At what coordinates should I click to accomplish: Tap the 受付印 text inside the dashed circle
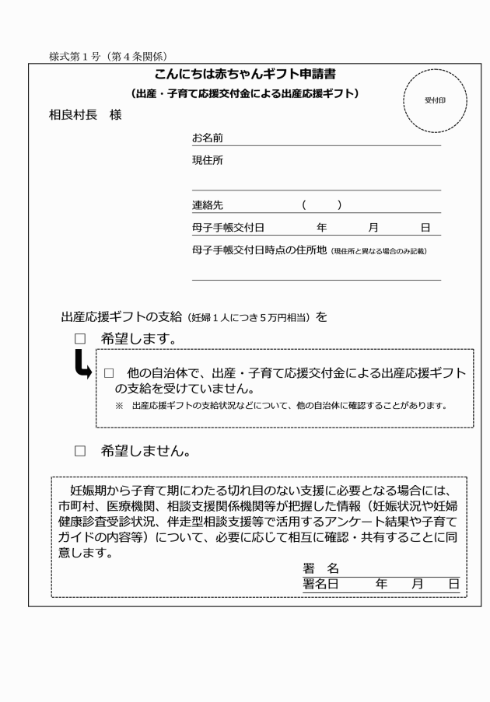(x=435, y=101)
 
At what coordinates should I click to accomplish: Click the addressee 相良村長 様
(x=85, y=117)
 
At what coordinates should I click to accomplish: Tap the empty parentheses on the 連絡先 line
(x=322, y=206)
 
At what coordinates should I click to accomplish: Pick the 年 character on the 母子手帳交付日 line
(x=323, y=228)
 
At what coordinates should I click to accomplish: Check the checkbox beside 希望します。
(x=79, y=340)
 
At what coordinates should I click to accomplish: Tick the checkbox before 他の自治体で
(x=109, y=373)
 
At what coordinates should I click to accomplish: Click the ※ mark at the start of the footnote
(x=119, y=406)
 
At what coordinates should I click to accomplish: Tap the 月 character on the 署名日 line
(x=417, y=584)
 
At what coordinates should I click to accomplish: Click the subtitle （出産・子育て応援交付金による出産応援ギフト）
(x=244, y=94)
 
